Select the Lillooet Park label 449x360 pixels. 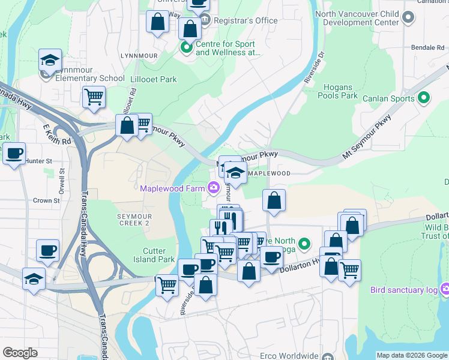(x=154, y=79)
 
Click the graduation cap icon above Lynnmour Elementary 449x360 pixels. (x=50, y=60)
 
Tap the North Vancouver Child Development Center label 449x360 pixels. (x=361, y=18)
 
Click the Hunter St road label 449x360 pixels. (x=40, y=161)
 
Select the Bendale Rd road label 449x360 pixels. (x=426, y=47)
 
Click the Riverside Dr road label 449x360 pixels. (x=313, y=70)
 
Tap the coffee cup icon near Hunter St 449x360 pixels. (x=14, y=153)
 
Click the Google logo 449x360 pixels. (x=20, y=353)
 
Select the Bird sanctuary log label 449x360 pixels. (x=405, y=290)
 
